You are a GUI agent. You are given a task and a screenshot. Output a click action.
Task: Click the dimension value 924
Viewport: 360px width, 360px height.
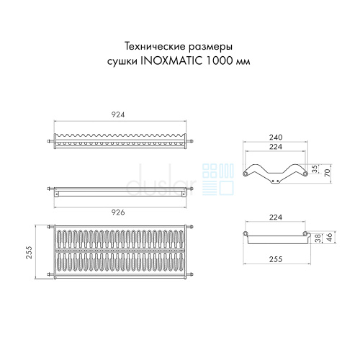pos(118,114)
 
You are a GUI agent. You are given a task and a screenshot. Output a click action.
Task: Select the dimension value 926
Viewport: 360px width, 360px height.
pos(118,212)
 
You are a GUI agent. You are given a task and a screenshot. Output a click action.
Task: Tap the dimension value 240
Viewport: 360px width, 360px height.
pos(276,138)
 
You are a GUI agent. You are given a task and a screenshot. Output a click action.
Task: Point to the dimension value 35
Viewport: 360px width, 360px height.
pos(315,168)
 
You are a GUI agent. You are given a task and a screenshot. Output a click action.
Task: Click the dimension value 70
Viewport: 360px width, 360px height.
pos(328,173)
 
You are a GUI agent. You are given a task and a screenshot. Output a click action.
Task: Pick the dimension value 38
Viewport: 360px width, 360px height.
pos(318,238)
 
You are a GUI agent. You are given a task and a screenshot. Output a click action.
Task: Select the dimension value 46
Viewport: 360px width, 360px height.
pos(330,237)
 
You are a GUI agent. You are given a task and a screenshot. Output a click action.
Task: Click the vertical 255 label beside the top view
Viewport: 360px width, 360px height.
pos(29,252)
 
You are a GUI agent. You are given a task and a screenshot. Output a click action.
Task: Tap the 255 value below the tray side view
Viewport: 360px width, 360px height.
pos(276,259)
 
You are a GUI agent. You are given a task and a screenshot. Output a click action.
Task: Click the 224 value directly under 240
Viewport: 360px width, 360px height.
pos(276,147)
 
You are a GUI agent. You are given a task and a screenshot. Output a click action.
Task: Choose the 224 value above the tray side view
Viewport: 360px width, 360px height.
pos(276,217)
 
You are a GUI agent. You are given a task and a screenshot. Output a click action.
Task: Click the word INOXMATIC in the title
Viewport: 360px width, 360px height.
pos(171,61)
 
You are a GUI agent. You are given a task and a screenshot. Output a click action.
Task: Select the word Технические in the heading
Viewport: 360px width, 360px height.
pos(155,46)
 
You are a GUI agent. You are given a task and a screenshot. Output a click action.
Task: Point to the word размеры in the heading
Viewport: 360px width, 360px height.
pos(210,48)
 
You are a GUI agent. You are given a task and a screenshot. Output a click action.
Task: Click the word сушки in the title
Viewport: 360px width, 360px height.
pos(122,62)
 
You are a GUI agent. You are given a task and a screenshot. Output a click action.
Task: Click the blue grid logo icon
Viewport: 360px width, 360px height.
pos(218,179)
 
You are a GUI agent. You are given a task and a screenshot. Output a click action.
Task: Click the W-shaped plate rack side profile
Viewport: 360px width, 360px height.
pos(275,174)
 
